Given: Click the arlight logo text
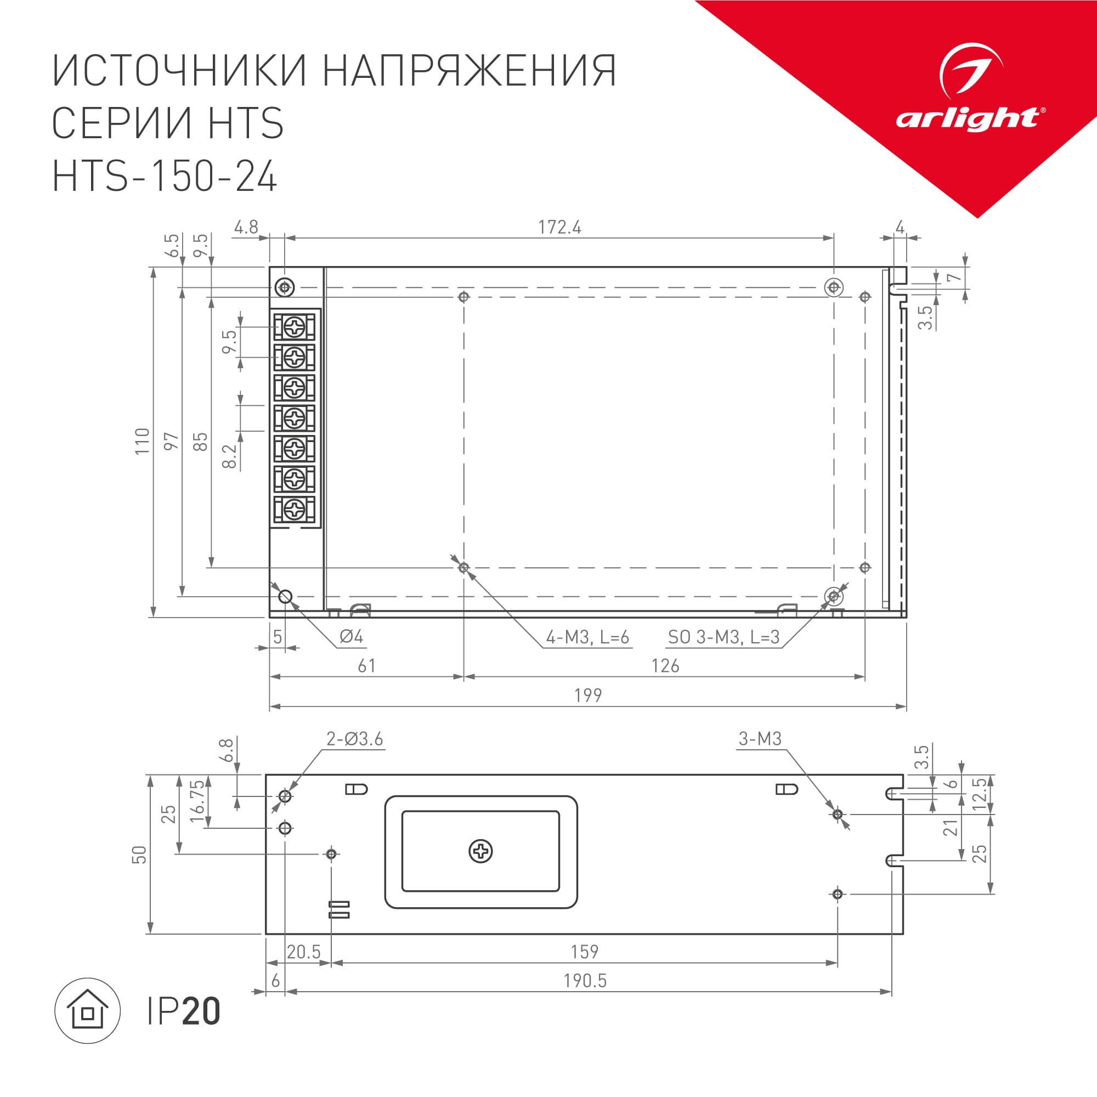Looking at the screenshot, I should point(969,118).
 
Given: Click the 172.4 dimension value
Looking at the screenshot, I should point(559,227).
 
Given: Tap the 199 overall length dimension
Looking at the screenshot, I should point(587,695).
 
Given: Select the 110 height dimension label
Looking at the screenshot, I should point(142,441).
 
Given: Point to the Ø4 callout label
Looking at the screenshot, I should point(351,636).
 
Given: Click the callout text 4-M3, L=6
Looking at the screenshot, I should point(587,637).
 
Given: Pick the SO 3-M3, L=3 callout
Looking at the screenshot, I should point(723,637).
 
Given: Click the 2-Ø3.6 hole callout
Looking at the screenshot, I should point(354,739).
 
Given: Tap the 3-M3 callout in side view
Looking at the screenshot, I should point(760,739).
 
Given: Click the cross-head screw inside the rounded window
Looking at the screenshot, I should point(480,851).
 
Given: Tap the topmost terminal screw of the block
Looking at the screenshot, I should point(295,327).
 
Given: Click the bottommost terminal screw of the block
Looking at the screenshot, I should point(295,510).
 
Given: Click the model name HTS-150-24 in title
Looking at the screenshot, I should point(165,176).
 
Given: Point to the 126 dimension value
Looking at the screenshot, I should point(665,665).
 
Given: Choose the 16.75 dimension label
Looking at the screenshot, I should point(196,801).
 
